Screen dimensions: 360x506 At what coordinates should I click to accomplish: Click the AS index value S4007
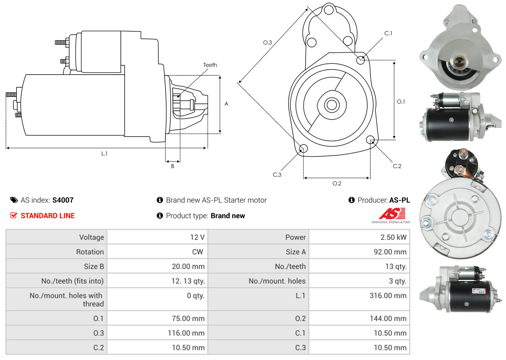(63, 200)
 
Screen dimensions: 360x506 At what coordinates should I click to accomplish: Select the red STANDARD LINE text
(47, 216)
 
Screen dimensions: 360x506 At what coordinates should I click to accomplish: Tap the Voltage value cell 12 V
(197, 237)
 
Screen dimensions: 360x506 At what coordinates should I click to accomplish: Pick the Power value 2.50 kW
(393, 237)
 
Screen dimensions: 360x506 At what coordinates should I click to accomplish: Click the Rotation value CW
(197, 252)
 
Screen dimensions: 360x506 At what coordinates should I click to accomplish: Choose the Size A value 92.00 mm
(389, 252)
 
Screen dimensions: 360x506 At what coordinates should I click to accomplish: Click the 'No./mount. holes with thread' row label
(66, 300)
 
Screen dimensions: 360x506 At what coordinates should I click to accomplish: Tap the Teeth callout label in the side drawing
(210, 65)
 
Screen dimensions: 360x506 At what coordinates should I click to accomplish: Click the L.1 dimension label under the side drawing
(104, 153)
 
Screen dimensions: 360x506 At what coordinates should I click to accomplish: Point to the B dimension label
(173, 166)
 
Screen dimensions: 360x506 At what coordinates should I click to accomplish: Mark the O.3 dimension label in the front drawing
(267, 42)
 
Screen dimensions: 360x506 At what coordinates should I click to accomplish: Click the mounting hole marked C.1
(361, 60)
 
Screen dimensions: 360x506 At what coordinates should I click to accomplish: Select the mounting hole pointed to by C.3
(303, 148)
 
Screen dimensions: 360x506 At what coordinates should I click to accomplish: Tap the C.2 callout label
(397, 166)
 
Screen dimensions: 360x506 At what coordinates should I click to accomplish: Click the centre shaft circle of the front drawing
(331, 105)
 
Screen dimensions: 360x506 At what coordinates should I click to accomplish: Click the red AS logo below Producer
(392, 213)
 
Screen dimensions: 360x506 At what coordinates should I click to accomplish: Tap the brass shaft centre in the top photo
(459, 61)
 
